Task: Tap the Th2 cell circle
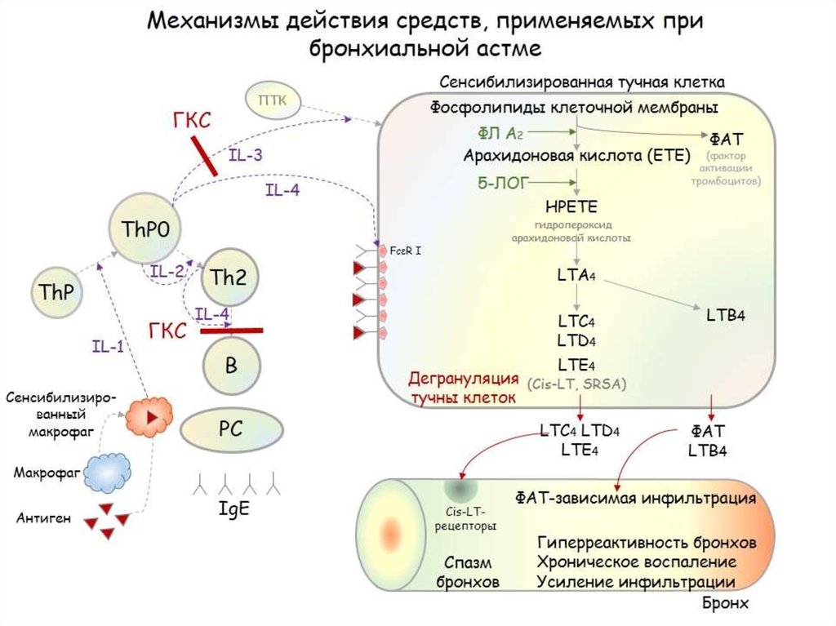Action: pyautogui.click(x=228, y=277)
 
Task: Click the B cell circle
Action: pyautogui.click(x=231, y=366)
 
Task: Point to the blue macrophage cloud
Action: pyautogui.click(x=109, y=471)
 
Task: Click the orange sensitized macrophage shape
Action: pyautogui.click(x=149, y=415)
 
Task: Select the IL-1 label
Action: pyautogui.click(x=107, y=346)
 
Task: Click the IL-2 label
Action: pyautogui.click(x=167, y=272)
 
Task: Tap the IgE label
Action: pyautogui.click(x=233, y=508)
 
